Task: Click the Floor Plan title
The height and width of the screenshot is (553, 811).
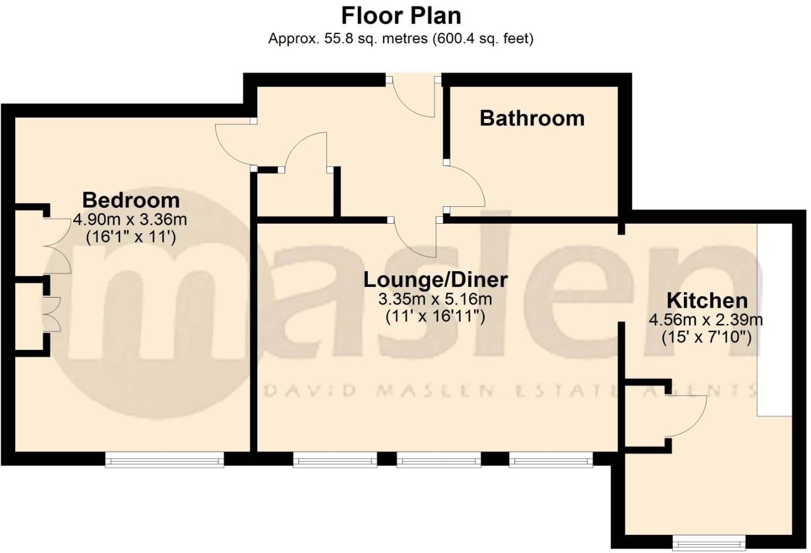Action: click(401, 15)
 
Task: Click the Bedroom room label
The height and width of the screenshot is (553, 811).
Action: click(131, 200)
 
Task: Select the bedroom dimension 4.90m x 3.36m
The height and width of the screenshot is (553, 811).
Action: click(130, 220)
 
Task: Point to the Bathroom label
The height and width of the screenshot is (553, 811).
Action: click(532, 118)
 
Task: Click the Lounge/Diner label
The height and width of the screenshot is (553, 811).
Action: click(435, 279)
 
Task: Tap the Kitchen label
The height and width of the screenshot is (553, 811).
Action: click(707, 301)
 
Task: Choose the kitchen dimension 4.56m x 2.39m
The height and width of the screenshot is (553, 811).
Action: click(706, 320)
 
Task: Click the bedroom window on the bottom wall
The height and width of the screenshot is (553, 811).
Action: click(165, 460)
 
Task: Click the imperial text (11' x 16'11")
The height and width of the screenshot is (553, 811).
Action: click(435, 317)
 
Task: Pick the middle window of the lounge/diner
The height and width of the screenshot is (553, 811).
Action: click(439, 460)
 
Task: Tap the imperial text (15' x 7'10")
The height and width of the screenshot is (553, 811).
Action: click(706, 337)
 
